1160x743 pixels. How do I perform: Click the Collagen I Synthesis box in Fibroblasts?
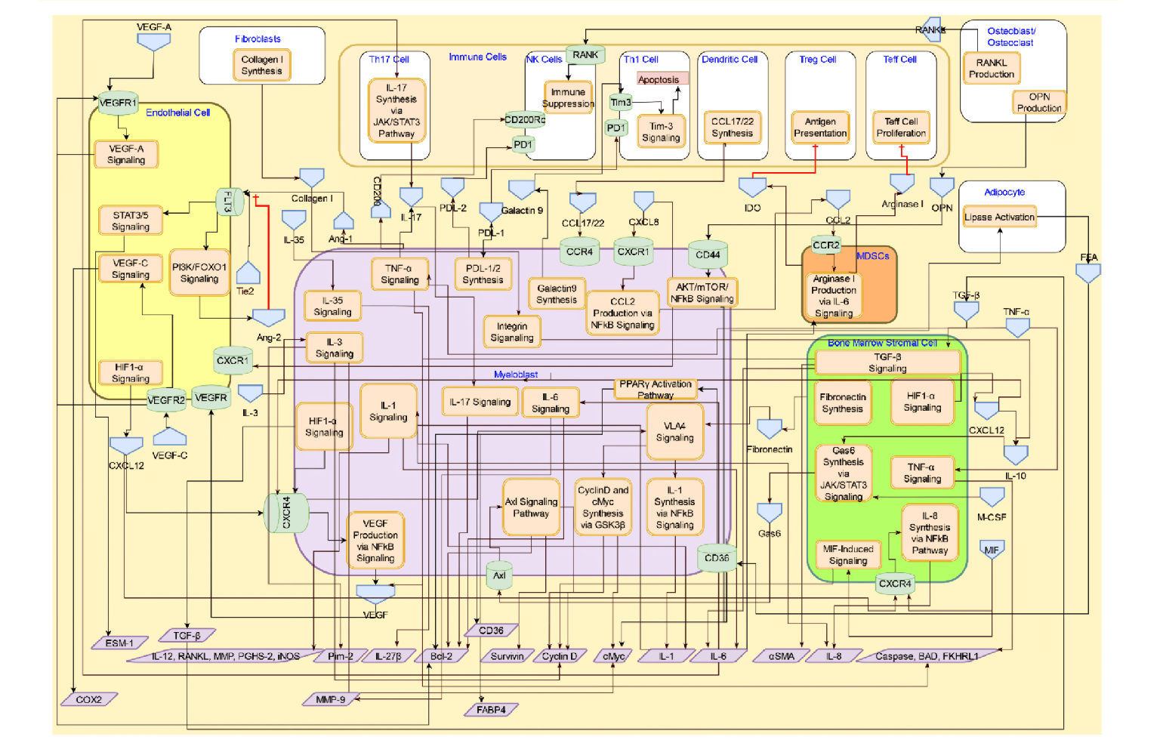261,65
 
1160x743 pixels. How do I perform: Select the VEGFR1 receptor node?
118,103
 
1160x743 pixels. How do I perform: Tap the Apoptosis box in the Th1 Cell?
658,79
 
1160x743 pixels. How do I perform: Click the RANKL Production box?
991,69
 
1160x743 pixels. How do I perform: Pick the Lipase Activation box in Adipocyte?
998,217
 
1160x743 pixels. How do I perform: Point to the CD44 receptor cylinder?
708,254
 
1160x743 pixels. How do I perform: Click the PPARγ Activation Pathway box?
655,389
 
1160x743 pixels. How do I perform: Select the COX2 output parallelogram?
88,700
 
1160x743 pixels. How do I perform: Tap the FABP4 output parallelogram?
491,710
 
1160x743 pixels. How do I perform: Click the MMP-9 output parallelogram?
330,700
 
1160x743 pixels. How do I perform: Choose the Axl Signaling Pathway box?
531,507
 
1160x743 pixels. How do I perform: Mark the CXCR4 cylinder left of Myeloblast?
286,513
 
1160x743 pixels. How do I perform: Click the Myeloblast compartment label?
516,375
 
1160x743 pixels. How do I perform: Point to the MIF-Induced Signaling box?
847,555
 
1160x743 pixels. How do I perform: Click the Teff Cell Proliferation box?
900,127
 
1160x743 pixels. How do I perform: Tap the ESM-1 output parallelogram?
119,643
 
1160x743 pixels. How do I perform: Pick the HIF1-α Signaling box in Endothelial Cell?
130,373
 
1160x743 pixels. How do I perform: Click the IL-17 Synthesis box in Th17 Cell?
396,111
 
